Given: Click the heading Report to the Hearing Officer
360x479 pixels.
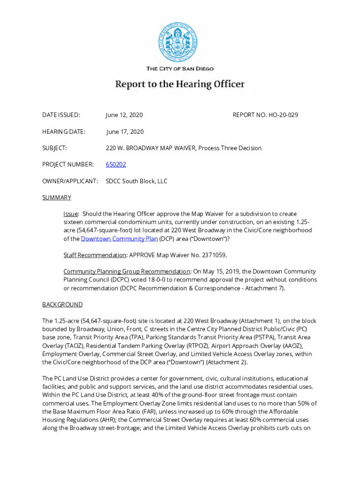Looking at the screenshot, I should [180, 85].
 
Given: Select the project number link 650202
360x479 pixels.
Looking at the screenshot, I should [116, 165].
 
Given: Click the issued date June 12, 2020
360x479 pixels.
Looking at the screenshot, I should [124, 115].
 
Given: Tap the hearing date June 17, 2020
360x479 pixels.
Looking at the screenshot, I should [125, 131].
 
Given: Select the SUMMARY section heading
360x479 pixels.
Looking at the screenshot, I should [57, 197].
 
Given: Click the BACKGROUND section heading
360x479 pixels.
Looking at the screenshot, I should [62, 305].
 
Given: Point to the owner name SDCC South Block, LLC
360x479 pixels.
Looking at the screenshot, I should [137, 181].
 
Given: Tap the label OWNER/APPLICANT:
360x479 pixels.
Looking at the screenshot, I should [70, 181].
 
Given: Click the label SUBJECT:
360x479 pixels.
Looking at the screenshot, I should [55, 148].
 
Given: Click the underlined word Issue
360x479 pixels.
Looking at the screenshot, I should [71, 214].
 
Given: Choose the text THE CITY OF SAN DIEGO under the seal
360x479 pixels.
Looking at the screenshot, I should [180, 69].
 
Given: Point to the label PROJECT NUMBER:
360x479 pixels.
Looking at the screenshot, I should [68, 165].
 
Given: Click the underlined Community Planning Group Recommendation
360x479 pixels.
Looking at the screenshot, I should [127, 271].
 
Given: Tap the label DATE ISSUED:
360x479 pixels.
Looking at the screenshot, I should [61, 115].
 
